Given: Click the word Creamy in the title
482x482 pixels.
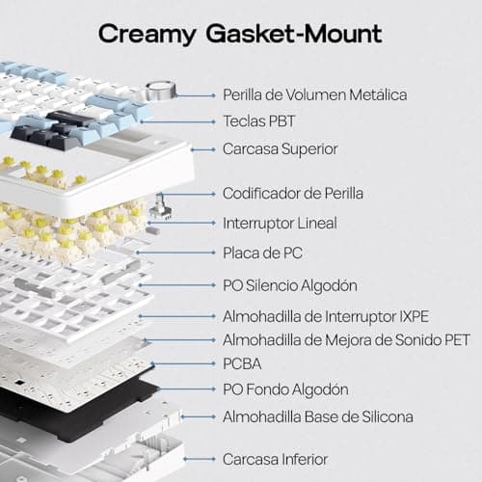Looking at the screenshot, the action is pos(147,35).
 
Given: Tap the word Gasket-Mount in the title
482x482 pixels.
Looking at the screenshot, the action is pos(294,33).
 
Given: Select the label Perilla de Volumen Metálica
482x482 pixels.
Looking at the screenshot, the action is pos(315,94).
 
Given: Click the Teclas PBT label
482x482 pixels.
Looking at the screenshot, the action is pos(258,121).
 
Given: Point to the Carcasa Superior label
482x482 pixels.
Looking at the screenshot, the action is pos(281,149).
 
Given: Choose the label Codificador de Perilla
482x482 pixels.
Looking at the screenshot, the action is pos(293,194).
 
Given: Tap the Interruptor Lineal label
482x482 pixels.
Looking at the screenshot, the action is pos(280,224).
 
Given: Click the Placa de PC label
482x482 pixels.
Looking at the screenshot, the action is pos(262,253).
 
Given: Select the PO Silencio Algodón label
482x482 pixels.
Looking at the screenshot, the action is pos(290,285).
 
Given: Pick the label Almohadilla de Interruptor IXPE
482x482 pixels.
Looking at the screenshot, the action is pos(326,316).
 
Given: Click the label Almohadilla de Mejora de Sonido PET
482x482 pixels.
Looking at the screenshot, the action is pos(346,340).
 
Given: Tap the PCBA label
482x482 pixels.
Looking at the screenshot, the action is pos(242,363).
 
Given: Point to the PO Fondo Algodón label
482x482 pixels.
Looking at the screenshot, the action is pos(285,389).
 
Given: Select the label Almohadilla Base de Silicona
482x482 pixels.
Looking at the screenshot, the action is pos(318,416).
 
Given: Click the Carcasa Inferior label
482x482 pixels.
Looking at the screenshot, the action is pos(276,459).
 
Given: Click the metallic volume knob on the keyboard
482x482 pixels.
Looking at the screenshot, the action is pos(161,90).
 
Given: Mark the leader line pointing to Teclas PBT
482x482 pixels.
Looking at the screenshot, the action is pos(177,121).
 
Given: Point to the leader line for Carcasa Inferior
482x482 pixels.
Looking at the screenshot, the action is pos(200,459).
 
